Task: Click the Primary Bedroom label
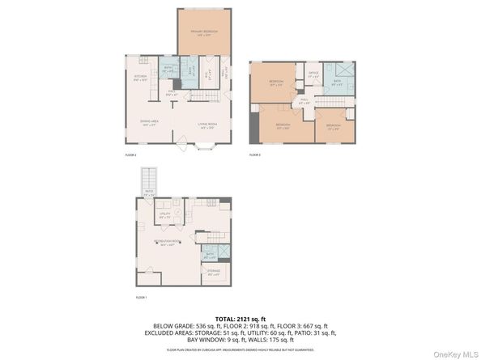(x=204, y=33)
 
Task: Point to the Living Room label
(x=205, y=125)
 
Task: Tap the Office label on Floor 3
(x=313, y=75)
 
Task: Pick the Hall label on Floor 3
(x=304, y=102)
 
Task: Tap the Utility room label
(x=164, y=216)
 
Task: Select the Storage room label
(x=214, y=273)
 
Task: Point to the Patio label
(x=148, y=195)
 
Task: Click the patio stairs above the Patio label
(x=148, y=178)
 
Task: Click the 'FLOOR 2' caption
(x=130, y=155)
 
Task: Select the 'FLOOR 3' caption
(x=254, y=155)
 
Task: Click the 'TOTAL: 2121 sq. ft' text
(x=240, y=319)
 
